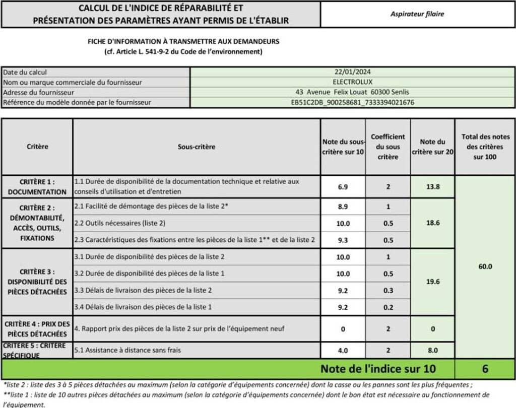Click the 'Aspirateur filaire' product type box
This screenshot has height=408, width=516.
tap(417, 14)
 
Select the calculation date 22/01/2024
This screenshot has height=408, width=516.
tap(352, 72)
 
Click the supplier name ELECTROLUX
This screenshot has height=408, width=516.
tap(352, 82)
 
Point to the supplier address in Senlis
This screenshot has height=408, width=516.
tap(352, 92)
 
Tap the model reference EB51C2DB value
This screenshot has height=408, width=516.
tap(352, 102)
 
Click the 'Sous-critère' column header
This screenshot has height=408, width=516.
tap(196, 147)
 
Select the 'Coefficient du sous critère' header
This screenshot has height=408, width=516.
tap(388, 147)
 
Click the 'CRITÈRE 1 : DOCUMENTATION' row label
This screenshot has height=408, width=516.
tap(37, 186)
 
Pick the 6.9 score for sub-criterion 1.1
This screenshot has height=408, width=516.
tap(343, 187)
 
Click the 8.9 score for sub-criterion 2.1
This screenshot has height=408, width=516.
tap(343, 207)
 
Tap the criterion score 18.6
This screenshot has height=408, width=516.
tap(433, 223)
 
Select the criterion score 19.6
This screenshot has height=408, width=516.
tap(433, 282)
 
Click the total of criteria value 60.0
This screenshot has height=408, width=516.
tap(485, 266)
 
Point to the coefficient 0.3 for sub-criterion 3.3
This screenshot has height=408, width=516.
tap(388, 290)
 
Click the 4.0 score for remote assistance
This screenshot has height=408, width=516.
tap(343, 350)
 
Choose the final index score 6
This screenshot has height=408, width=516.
tap(485, 369)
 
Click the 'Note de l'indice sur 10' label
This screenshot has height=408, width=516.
tap(378, 369)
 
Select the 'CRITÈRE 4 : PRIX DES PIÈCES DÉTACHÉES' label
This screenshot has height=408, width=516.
tap(37, 328)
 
